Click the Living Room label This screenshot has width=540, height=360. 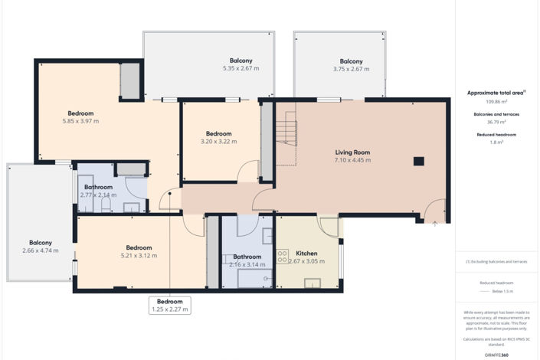pyautogui.click(x=352, y=152)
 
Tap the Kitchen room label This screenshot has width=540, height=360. pyautogui.click(x=306, y=253)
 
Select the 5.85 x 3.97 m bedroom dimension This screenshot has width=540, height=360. pyautogui.click(x=80, y=121)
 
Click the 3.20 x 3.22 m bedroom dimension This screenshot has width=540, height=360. pyautogui.click(x=215, y=142)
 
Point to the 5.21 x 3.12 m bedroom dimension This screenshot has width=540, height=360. pyautogui.click(x=139, y=256)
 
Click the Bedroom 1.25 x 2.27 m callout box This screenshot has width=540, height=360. pyautogui.click(x=169, y=306)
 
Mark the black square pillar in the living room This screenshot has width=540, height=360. pyautogui.click(x=418, y=162)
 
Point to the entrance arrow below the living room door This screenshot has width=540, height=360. pyautogui.click(x=435, y=224)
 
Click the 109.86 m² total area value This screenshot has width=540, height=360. pyautogui.click(x=496, y=101)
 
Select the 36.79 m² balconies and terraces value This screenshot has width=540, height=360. pyautogui.click(x=496, y=122)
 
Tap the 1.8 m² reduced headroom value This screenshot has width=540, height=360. pyautogui.click(x=496, y=142)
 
